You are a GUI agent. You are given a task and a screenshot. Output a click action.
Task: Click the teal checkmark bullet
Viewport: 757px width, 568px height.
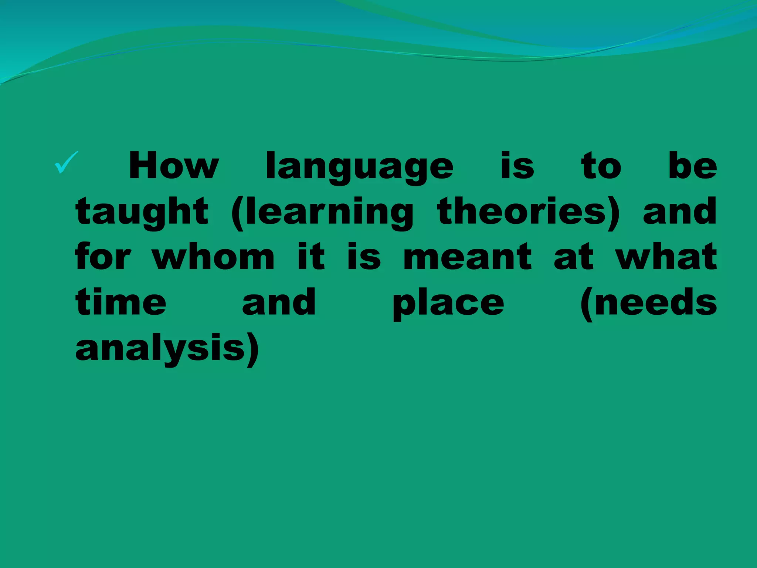[x=67, y=163]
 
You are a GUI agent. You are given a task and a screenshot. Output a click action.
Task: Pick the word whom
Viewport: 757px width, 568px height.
[x=213, y=257]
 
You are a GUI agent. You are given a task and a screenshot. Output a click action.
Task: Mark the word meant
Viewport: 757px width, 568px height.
[x=467, y=257]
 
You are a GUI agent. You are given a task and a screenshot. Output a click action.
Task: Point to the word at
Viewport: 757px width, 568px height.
[x=573, y=257]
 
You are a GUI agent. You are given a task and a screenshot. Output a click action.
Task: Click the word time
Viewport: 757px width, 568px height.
[x=121, y=302]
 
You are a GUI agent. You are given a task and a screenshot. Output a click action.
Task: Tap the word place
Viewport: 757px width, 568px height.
[x=448, y=303]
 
